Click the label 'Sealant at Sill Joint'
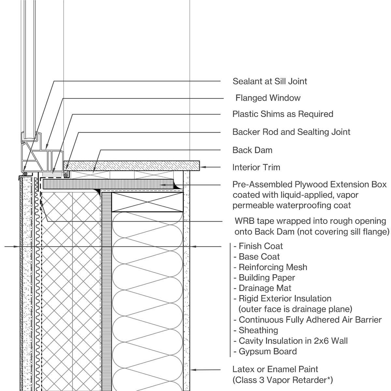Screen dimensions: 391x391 point(269,81)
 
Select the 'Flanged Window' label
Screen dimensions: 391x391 point(268,98)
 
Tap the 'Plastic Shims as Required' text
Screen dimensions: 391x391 point(282,114)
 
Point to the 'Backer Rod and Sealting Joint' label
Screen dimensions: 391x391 point(291,132)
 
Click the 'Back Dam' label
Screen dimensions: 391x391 point(252,150)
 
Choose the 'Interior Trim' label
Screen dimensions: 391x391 point(256,167)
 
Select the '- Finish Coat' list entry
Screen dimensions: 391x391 point(258,246)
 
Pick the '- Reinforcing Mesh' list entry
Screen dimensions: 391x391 point(270,267)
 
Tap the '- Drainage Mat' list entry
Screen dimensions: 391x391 point(262,288)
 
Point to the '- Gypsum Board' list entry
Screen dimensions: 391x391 point(265,352)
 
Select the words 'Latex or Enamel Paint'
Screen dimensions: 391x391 point(275,369)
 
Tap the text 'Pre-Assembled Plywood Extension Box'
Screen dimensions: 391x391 point(309,184)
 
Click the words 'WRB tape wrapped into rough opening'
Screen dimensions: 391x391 point(310,221)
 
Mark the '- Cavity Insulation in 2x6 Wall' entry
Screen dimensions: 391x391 point(290,341)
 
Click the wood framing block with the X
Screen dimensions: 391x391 point(147,202)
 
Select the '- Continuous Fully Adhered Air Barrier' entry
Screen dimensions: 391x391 point(307,320)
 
